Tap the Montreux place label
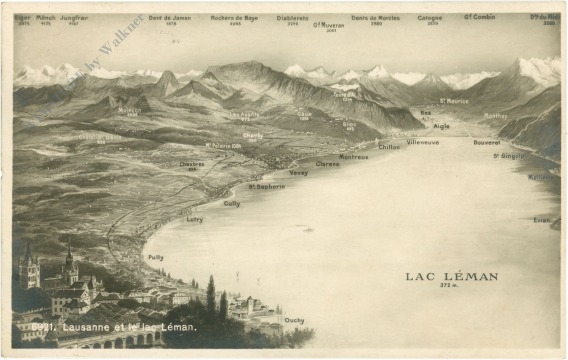pyautogui.click(x=353, y=157)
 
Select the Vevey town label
pyautogui.click(x=298, y=173)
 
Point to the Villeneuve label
pyautogui.click(x=422, y=143)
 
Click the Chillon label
pyautogui.click(x=389, y=147)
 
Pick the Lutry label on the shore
pyautogui.click(x=194, y=219)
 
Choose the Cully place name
pyautogui.click(x=231, y=203)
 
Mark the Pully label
pyautogui.click(x=155, y=257)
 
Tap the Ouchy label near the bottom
pyautogui.click(x=294, y=320)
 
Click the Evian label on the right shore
pyautogui.click(x=542, y=220)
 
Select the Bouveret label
pyautogui.click(x=486, y=142)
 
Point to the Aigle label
pyautogui.click(x=441, y=127)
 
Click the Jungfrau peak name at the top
pyautogui.click(x=73, y=18)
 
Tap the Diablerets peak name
pyautogui.click(x=292, y=18)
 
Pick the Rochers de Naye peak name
pyautogui.click(x=235, y=18)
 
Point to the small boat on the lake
pyautogui.click(x=307, y=229)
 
